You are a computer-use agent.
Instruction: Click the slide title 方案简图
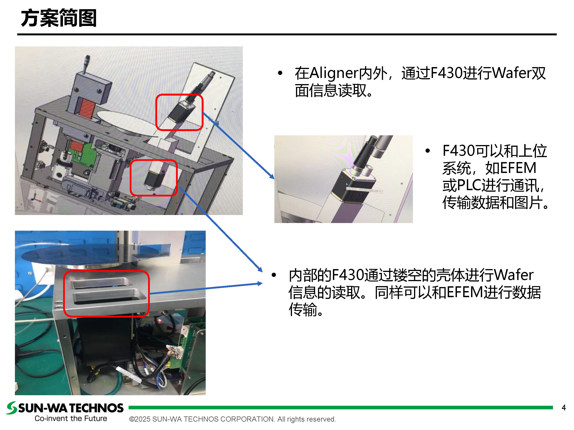(x=59, y=18)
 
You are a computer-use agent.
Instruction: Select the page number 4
(x=564, y=407)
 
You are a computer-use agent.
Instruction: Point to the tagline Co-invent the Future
(x=71, y=418)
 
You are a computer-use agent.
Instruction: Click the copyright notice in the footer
(x=232, y=419)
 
